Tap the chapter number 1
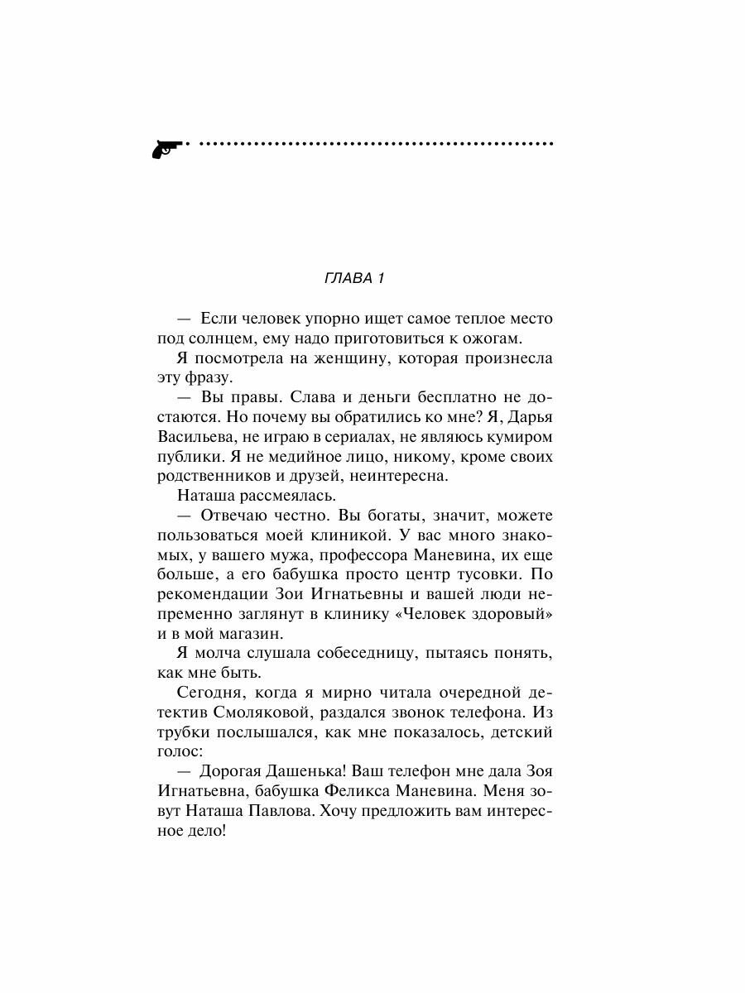coord(381,278)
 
